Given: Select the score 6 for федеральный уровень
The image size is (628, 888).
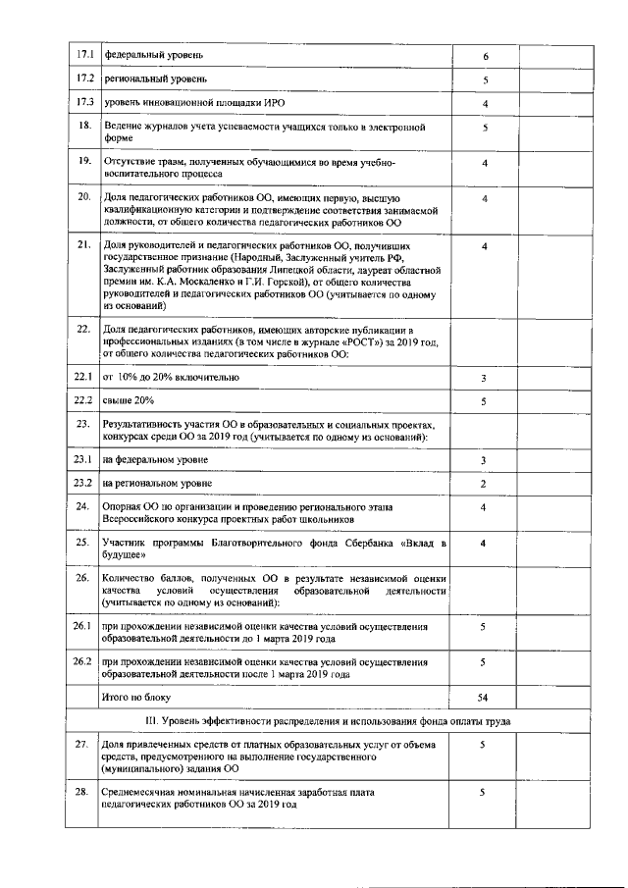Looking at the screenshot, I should click(485, 56).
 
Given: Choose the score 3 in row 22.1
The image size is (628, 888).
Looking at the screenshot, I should click(485, 378).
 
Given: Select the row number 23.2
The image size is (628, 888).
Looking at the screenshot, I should click(84, 484).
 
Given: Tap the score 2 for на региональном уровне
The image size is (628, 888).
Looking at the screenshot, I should click(485, 484).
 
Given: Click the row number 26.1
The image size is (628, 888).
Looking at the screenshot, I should click(84, 625).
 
